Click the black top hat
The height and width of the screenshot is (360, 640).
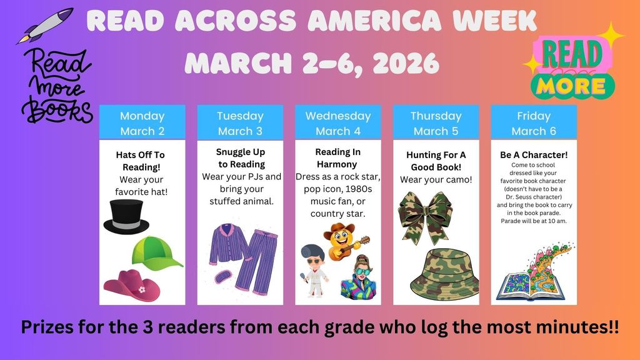click(x=126, y=217)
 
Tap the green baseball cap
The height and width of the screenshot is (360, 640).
click(x=156, y=253)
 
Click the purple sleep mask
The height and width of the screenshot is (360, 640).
click(x=223, y=277)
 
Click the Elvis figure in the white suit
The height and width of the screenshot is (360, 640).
click(x=314, y=271)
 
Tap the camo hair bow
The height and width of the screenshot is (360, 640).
click(x=425, y=217)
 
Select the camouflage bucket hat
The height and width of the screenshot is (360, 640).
click(x=444, y=274)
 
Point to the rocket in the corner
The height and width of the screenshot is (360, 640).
click(x=45, y=25)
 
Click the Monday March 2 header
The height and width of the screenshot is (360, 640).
click(x=142, y=123)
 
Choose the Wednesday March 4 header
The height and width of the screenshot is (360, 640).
click(x=338, y=123)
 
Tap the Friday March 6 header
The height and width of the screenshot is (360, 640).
click(x=534, y=123)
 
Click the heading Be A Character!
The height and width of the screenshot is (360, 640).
click(x=534, y=155)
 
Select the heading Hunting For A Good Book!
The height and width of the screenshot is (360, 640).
click(x=436, y=161)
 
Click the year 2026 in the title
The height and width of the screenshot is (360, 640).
click(x=405, y=63)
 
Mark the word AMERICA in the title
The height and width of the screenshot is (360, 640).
click(x=374, y=21)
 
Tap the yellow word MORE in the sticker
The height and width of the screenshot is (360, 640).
click(x=571, y=86)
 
